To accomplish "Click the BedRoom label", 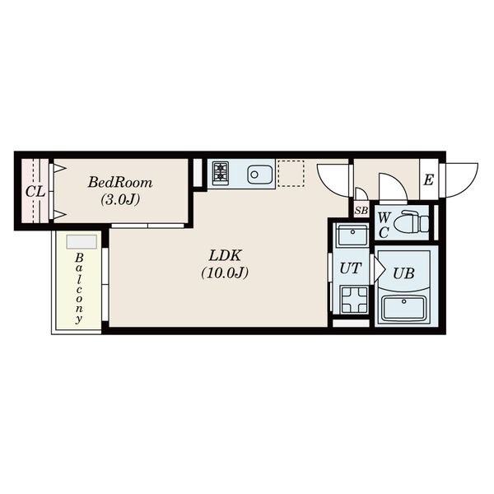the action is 120,183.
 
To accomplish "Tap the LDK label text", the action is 225,255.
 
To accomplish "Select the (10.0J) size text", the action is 225,273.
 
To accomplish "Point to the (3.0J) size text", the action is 120,200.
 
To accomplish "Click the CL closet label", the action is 35,191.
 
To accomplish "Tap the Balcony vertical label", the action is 79,289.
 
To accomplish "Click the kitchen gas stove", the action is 221,173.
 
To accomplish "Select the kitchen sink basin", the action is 260,175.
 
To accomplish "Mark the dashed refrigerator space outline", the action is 291,174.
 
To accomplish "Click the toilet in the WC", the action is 411,221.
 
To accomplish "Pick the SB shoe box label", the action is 361,211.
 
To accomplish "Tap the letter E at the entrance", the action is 428,180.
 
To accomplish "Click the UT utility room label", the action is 351,268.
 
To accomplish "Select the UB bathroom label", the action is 403,273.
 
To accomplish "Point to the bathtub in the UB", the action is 403,308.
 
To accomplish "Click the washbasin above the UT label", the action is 352,235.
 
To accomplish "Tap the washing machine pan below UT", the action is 354,300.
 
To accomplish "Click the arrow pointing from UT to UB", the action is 379,269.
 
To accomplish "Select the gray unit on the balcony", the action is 82,241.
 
